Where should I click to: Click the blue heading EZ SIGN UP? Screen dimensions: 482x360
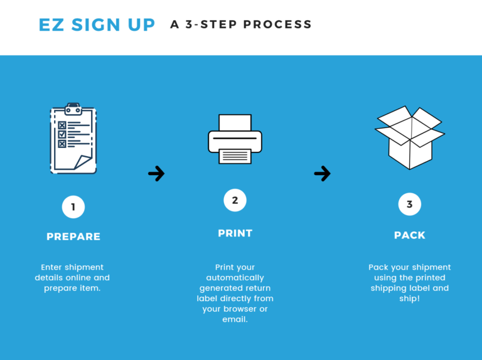tap(97, 24)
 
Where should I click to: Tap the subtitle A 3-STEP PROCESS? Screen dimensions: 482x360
tap(241, 24)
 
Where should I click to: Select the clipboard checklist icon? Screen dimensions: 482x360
tap(73, 138)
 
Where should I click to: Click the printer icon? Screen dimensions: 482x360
tap(235, 139)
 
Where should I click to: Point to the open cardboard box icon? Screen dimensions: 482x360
tap(410, 137)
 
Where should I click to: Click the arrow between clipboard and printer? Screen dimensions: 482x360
tap(156, 174)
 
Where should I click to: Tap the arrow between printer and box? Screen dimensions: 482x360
tap(323, 174)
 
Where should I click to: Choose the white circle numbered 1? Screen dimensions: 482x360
tap(73, 207)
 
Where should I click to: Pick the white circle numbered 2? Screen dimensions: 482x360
tap(235, 200)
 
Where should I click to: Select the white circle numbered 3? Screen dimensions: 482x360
tap(410, 204)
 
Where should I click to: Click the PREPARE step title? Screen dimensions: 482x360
tap(73, 236)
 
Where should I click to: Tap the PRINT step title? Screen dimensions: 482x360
tap(235, 233)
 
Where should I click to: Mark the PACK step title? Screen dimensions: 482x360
tap(410, 235)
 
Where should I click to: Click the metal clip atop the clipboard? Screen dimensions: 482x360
tap(73, 109)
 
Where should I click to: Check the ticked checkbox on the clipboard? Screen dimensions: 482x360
tap(62, 134)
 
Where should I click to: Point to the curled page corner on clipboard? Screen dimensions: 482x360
tap(83, 162)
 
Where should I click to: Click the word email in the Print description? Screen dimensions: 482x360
tap(235, 319)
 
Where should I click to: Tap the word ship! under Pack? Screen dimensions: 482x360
tap(409, 299)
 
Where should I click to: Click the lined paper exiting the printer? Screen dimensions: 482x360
tap(235, 156)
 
